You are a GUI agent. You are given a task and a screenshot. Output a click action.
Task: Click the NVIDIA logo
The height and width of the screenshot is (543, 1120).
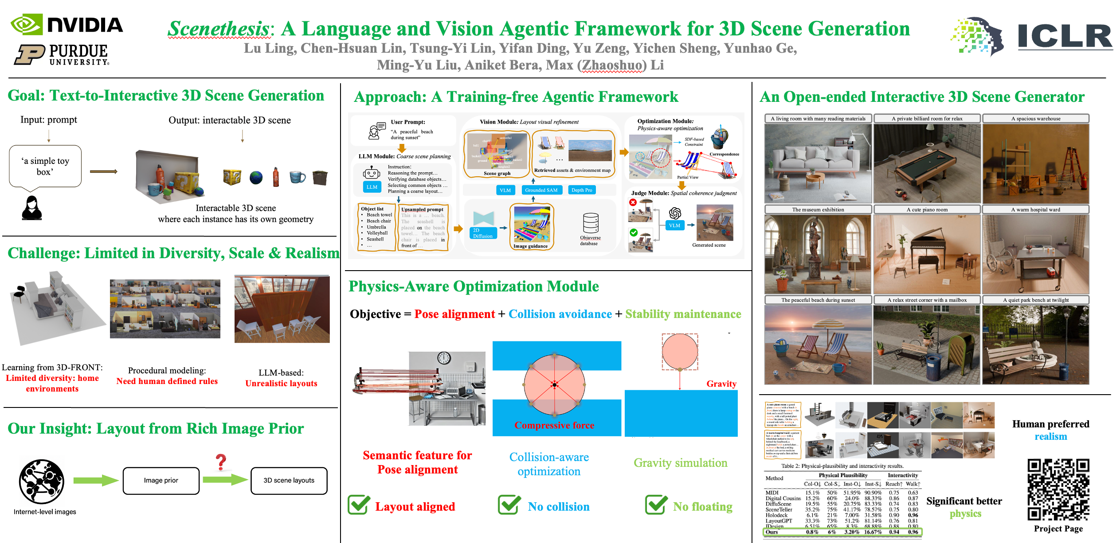pos(67,25)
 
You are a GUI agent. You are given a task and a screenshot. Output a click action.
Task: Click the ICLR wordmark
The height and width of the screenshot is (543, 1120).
pos(1064,37)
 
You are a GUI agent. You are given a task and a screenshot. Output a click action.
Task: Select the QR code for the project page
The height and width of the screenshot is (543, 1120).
pos(1058,489)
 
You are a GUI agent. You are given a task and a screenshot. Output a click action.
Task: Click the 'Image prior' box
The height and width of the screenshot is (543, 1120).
pos(161,481)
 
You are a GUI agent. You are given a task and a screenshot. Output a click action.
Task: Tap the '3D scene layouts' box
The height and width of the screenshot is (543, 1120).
pos(289,481)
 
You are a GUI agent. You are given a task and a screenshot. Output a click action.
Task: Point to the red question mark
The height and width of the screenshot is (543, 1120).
pos(221,462)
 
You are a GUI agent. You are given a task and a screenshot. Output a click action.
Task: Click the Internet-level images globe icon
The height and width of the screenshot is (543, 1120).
pos(42,481)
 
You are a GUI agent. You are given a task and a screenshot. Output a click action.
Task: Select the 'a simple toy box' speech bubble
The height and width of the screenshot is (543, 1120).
pos(45,166)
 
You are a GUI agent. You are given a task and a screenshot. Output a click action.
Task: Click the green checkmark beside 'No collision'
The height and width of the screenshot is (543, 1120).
pos(509,505)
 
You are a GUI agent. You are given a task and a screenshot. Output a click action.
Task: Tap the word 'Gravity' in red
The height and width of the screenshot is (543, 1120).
pos(721,384)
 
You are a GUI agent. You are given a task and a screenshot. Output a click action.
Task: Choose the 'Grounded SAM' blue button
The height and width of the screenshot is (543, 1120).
pos(541,190)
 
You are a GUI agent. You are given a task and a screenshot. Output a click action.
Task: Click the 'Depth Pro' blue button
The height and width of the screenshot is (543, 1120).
pos(582,190)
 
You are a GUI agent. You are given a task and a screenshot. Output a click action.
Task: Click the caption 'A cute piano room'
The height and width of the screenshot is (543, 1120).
pos(927,209)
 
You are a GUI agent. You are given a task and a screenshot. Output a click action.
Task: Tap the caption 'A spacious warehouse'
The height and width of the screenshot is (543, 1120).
pos(1036,119)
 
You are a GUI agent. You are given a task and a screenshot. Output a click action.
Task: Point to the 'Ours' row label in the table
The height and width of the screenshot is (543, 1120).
pos(772,532)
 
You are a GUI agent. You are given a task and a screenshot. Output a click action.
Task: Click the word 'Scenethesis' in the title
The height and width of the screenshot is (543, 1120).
pos(219,29)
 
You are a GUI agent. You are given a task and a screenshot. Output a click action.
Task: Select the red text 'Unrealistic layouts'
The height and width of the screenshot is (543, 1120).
pos(281,384)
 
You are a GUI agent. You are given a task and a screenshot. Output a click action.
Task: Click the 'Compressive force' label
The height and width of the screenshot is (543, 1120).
pos(554,425)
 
